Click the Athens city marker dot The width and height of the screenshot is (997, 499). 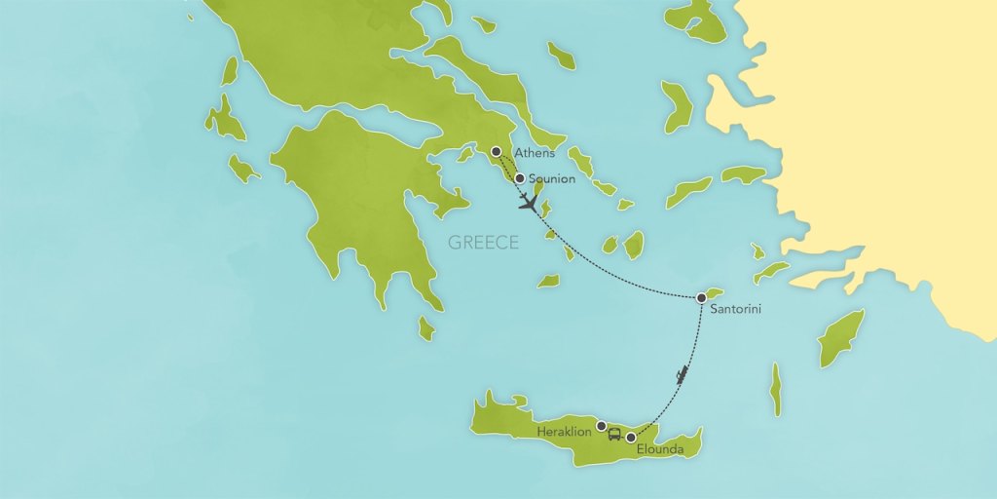point(497,151)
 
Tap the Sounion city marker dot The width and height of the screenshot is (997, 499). point(520,178)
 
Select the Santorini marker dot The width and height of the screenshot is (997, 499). point(701,297)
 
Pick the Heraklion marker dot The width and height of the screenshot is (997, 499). point(602,426)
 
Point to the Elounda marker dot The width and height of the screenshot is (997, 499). point(630,437)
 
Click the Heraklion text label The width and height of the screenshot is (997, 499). point(565,430)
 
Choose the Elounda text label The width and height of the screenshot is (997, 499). point(660,450)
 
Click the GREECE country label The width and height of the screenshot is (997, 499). point(483,243)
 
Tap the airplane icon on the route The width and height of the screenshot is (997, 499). point(529,203)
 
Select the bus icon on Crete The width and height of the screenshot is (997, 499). point(614,434)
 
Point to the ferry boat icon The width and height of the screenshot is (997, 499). point(683,374)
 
